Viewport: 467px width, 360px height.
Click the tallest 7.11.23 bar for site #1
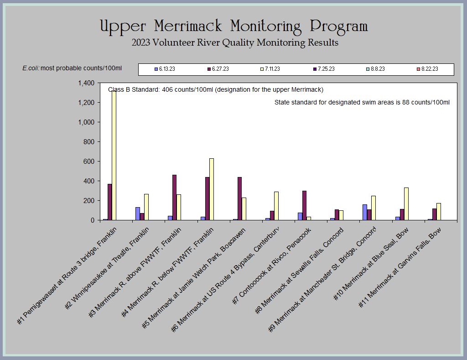tap(114, 156)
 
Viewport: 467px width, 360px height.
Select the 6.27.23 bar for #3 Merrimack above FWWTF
tap(174, 198)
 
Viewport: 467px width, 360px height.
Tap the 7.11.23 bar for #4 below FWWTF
tap(212, 189)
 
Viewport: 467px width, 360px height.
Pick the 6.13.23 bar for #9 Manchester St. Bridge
tap(365, 213)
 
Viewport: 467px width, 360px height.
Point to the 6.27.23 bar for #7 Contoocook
tap(304, 206)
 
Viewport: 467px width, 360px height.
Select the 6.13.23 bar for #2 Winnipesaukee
tap(138, 214)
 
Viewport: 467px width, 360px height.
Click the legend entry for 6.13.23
tap(165, 69)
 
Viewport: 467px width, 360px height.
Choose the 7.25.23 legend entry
tap(324, 69)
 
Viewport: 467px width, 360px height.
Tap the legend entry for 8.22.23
tap(427, 69)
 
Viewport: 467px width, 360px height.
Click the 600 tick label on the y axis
tap(89, 162)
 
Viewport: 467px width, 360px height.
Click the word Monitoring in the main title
tap(266, 26)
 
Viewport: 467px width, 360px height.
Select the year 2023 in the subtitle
tap(140, 42)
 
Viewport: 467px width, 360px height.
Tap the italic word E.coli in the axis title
tap(31, 68)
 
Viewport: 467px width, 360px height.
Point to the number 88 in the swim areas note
tap(405, 103)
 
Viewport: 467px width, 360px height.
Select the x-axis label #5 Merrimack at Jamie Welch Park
tap(193, 278)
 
